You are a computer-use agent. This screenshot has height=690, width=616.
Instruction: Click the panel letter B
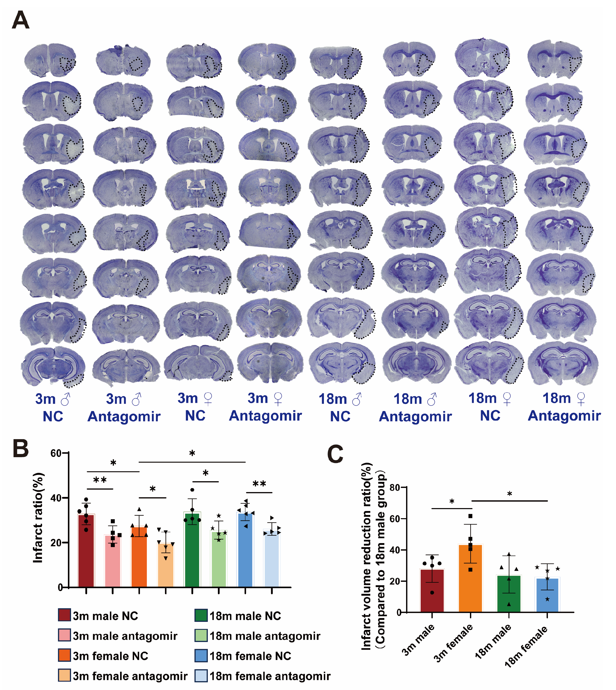20,449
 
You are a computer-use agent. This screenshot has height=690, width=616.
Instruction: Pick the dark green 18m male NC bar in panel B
192,550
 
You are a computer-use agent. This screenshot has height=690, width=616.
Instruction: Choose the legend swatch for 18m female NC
201,656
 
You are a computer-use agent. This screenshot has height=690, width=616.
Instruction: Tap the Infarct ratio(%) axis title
38,518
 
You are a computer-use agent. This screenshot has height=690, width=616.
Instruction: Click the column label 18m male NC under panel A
340,408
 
